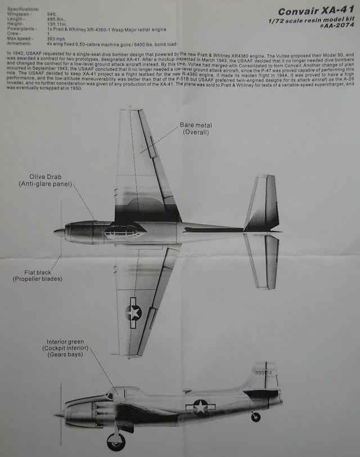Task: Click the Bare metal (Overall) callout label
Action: point(196,128)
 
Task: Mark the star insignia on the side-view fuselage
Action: point(200,406)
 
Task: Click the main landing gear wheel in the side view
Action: point(116,441)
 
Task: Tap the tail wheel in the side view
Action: point(256,417)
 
